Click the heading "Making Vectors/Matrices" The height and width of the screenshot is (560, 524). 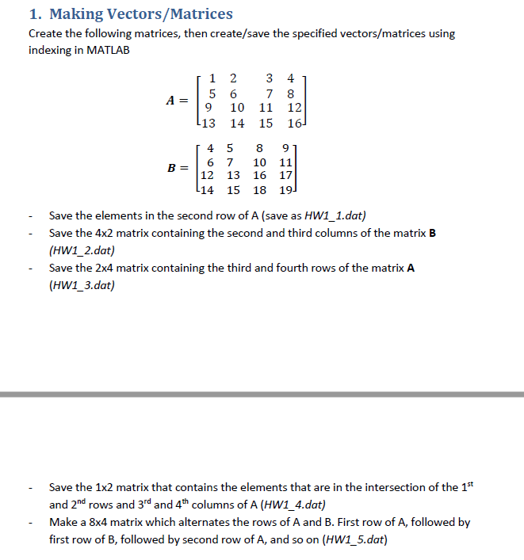coord(141,14)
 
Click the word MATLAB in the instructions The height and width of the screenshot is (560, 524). coord(106,50)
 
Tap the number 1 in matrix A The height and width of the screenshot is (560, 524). coord(212,78)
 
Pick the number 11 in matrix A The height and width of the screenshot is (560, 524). coord(266,108)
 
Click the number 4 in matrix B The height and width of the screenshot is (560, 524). coord(209,147)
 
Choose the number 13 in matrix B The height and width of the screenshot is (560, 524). coord(234,176)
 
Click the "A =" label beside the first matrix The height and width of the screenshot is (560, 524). coord(178,101)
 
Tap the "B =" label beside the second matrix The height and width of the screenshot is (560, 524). coord(178,168)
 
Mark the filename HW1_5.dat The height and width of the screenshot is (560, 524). coord(354,540)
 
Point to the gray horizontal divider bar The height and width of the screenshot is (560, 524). coord(262,394)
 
